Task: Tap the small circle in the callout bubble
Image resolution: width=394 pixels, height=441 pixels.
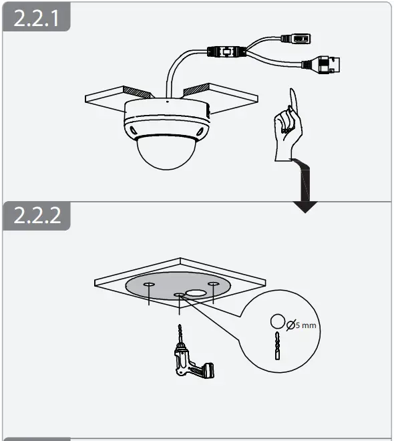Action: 276,322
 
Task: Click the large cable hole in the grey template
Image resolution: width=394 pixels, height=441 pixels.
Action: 196,293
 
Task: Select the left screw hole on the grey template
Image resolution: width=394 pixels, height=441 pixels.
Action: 148,285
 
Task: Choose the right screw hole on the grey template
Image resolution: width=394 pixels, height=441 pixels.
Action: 213,285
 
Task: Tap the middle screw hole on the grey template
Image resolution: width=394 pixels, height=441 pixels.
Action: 178,294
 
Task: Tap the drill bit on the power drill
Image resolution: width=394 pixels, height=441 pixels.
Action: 178,334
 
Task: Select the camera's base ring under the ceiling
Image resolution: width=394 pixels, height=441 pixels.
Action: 167,117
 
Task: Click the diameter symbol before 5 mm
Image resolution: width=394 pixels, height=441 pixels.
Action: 290,325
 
